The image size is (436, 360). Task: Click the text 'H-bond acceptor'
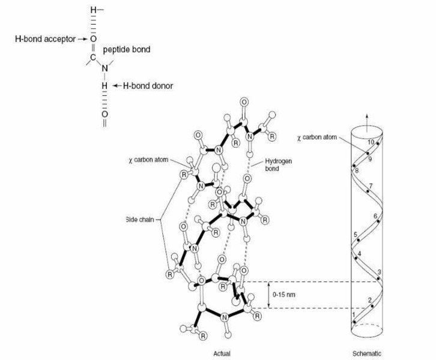tap(45, 39)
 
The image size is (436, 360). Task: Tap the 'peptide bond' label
tap(127, 50)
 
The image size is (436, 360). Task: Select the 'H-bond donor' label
tap(148, 86)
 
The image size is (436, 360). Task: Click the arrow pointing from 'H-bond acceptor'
tap(83, 39)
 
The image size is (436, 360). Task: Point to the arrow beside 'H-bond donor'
tap(117, 86)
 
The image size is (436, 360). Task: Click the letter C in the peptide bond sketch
tap(93, 58)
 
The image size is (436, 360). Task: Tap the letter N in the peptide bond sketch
tap(104, 68)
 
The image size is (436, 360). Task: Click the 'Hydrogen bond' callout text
tap(278, 165)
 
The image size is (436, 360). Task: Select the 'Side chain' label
tap(139, 220)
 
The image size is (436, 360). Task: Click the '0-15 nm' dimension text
tap(283, 295)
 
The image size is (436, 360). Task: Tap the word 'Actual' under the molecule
tap(222, 353)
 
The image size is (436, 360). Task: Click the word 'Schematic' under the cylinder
tap(366, 353)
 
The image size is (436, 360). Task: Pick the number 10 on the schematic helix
tap(371, 142)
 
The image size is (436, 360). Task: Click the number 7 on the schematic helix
tap(371, 186)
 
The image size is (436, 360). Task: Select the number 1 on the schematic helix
tap(354, 315)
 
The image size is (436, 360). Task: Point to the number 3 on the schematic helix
tap(379, 272)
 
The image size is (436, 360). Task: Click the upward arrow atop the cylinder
tap(367, 122)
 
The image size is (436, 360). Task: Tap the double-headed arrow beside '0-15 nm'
tap(268, 295)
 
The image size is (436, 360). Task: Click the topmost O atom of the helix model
tap(244, 102)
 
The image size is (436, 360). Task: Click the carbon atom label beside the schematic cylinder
tap(316, 137)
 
